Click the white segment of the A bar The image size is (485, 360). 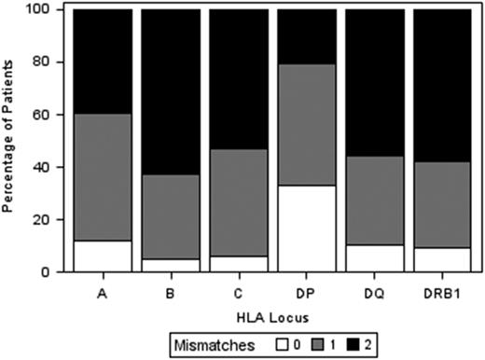102,256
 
